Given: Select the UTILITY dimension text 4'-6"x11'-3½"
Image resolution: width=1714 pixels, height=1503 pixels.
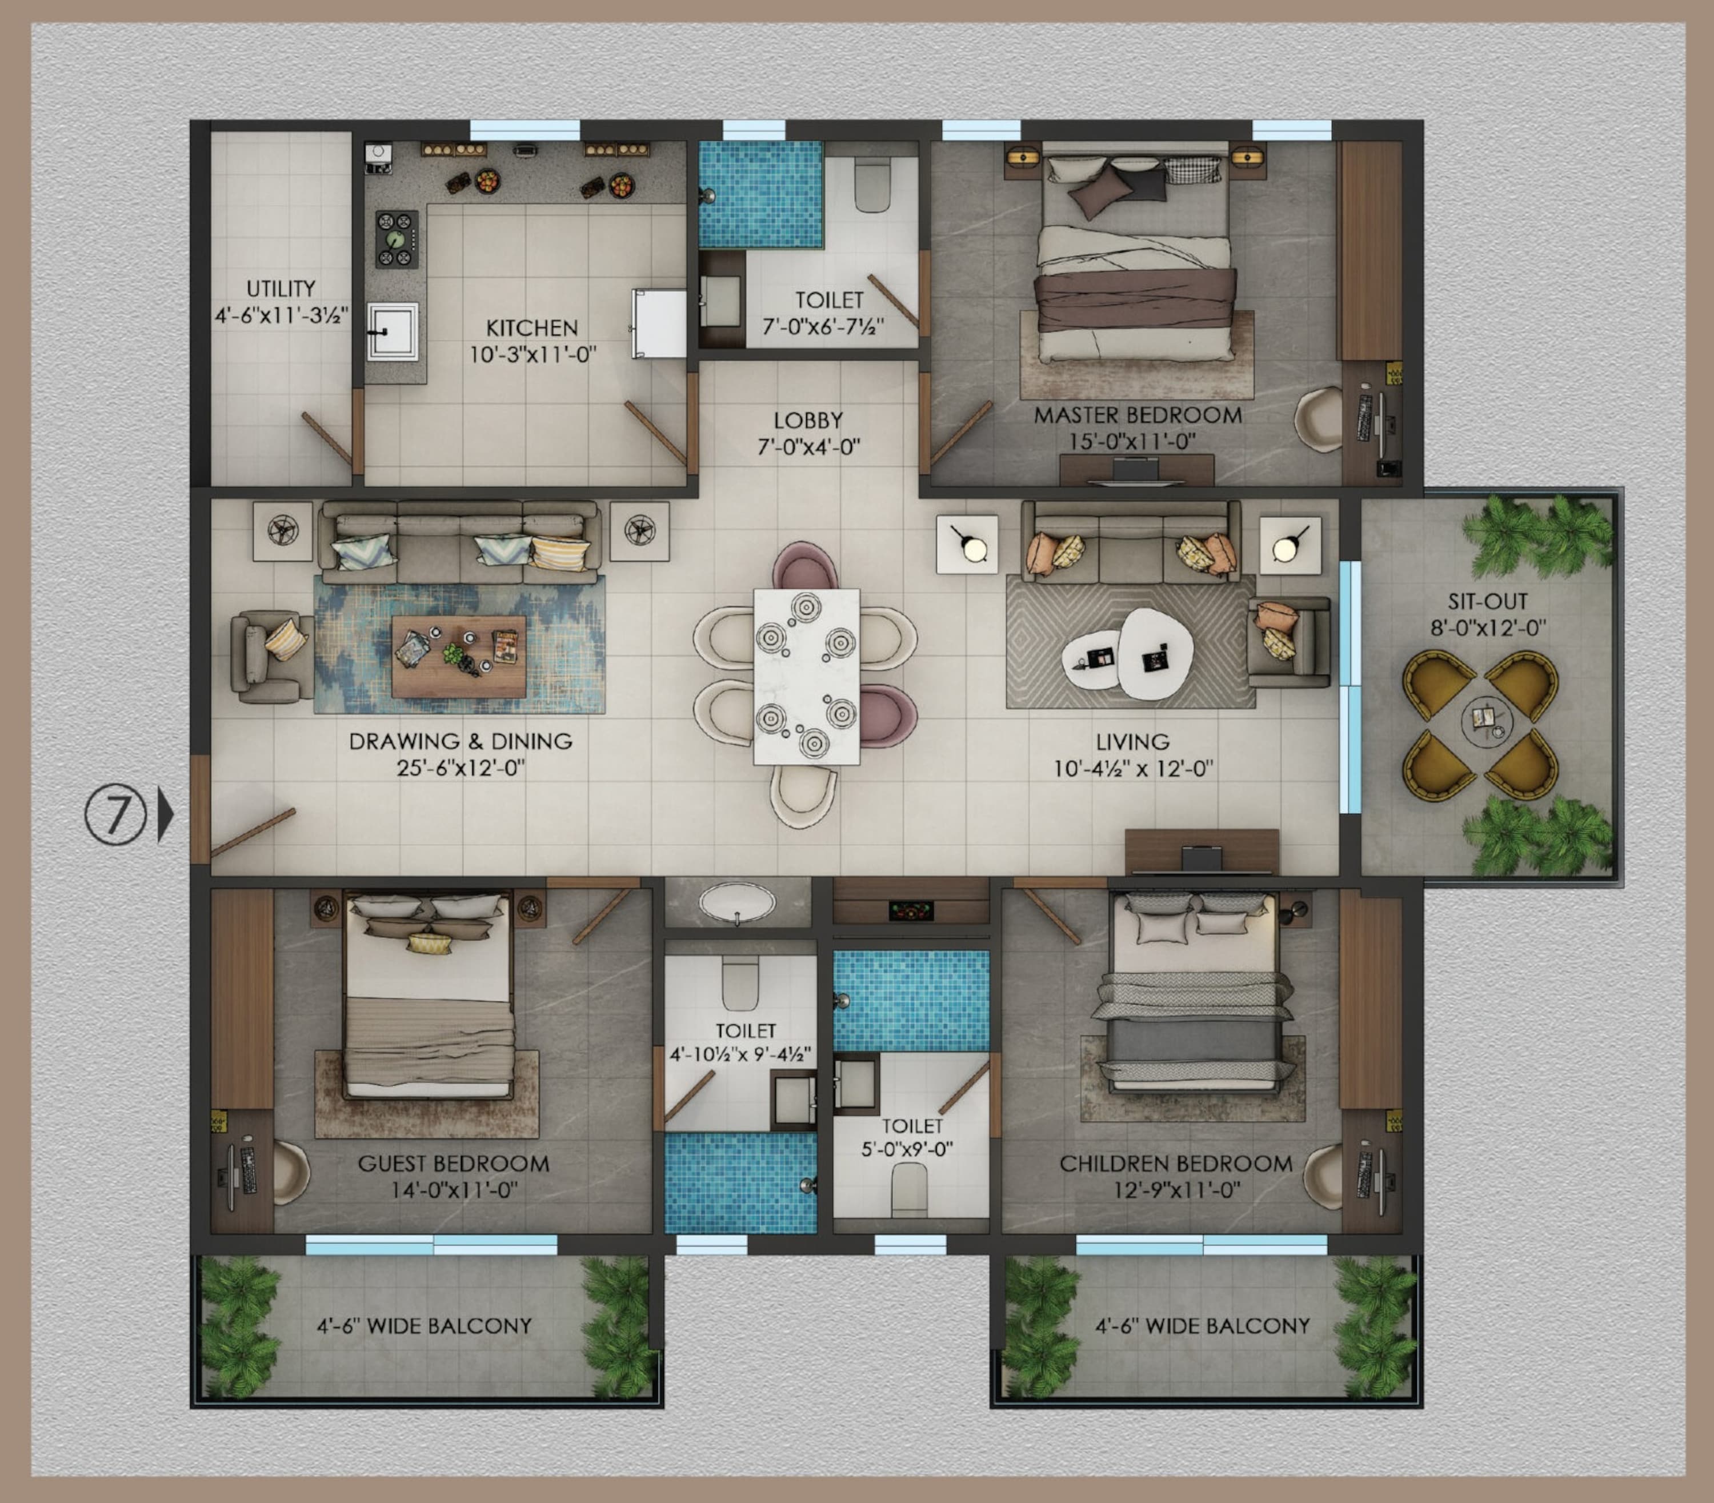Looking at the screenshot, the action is coord(281,315).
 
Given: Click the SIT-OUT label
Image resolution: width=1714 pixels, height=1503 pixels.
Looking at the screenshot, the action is coord(1488,601).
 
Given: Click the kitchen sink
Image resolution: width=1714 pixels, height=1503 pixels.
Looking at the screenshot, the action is coord(391,331).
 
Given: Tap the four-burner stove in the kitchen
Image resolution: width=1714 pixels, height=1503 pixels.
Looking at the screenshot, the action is coord(397,239).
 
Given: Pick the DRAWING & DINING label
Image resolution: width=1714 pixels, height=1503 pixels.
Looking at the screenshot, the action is coord(460,741).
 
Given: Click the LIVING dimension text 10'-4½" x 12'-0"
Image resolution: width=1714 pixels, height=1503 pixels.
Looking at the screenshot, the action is coord(1133,768).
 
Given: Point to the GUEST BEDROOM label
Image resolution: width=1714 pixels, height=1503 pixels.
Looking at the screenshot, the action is coord(454,1164).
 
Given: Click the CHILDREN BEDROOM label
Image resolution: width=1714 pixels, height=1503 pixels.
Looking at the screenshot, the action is coord(1176,1164).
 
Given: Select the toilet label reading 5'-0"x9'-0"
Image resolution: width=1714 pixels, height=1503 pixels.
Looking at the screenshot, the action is coord(907,1149).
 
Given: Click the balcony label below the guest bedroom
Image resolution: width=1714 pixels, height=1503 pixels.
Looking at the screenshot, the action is coord(425,1326).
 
